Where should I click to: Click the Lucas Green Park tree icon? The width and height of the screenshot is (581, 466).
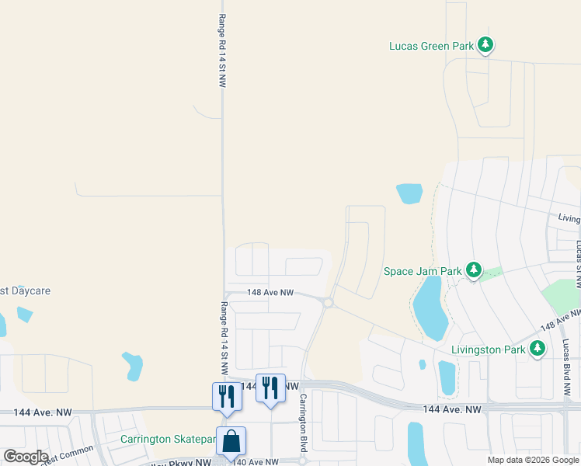click(485, 45)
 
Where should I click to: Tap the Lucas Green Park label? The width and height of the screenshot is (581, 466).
click(431, 46)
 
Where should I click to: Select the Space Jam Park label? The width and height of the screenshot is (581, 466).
click(423, 272)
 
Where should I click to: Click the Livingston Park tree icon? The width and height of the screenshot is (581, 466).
click(538, 349)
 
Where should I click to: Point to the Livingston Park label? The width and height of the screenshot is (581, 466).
click(489, 349)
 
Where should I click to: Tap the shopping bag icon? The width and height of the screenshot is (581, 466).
click(231, 441)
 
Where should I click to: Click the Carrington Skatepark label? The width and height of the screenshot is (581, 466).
click(168, 439)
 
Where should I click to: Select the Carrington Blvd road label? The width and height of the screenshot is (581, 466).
click(304, 425)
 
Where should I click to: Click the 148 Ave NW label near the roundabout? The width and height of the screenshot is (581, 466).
click(270, 293)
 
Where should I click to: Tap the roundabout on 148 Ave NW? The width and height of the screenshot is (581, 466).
click(329, 303)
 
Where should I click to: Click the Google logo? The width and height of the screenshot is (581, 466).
click(26, 456)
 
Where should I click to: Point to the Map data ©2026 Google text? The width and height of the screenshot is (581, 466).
click(532, 460)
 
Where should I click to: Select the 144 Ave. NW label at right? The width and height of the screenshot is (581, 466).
click(452, 409)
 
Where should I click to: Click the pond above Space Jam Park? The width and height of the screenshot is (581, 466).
click(409, 193)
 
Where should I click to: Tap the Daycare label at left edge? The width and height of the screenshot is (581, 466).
click(25, 290)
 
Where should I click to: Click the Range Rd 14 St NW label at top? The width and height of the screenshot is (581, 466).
click(221, 50)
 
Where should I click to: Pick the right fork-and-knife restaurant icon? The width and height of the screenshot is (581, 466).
click(270, 388)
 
